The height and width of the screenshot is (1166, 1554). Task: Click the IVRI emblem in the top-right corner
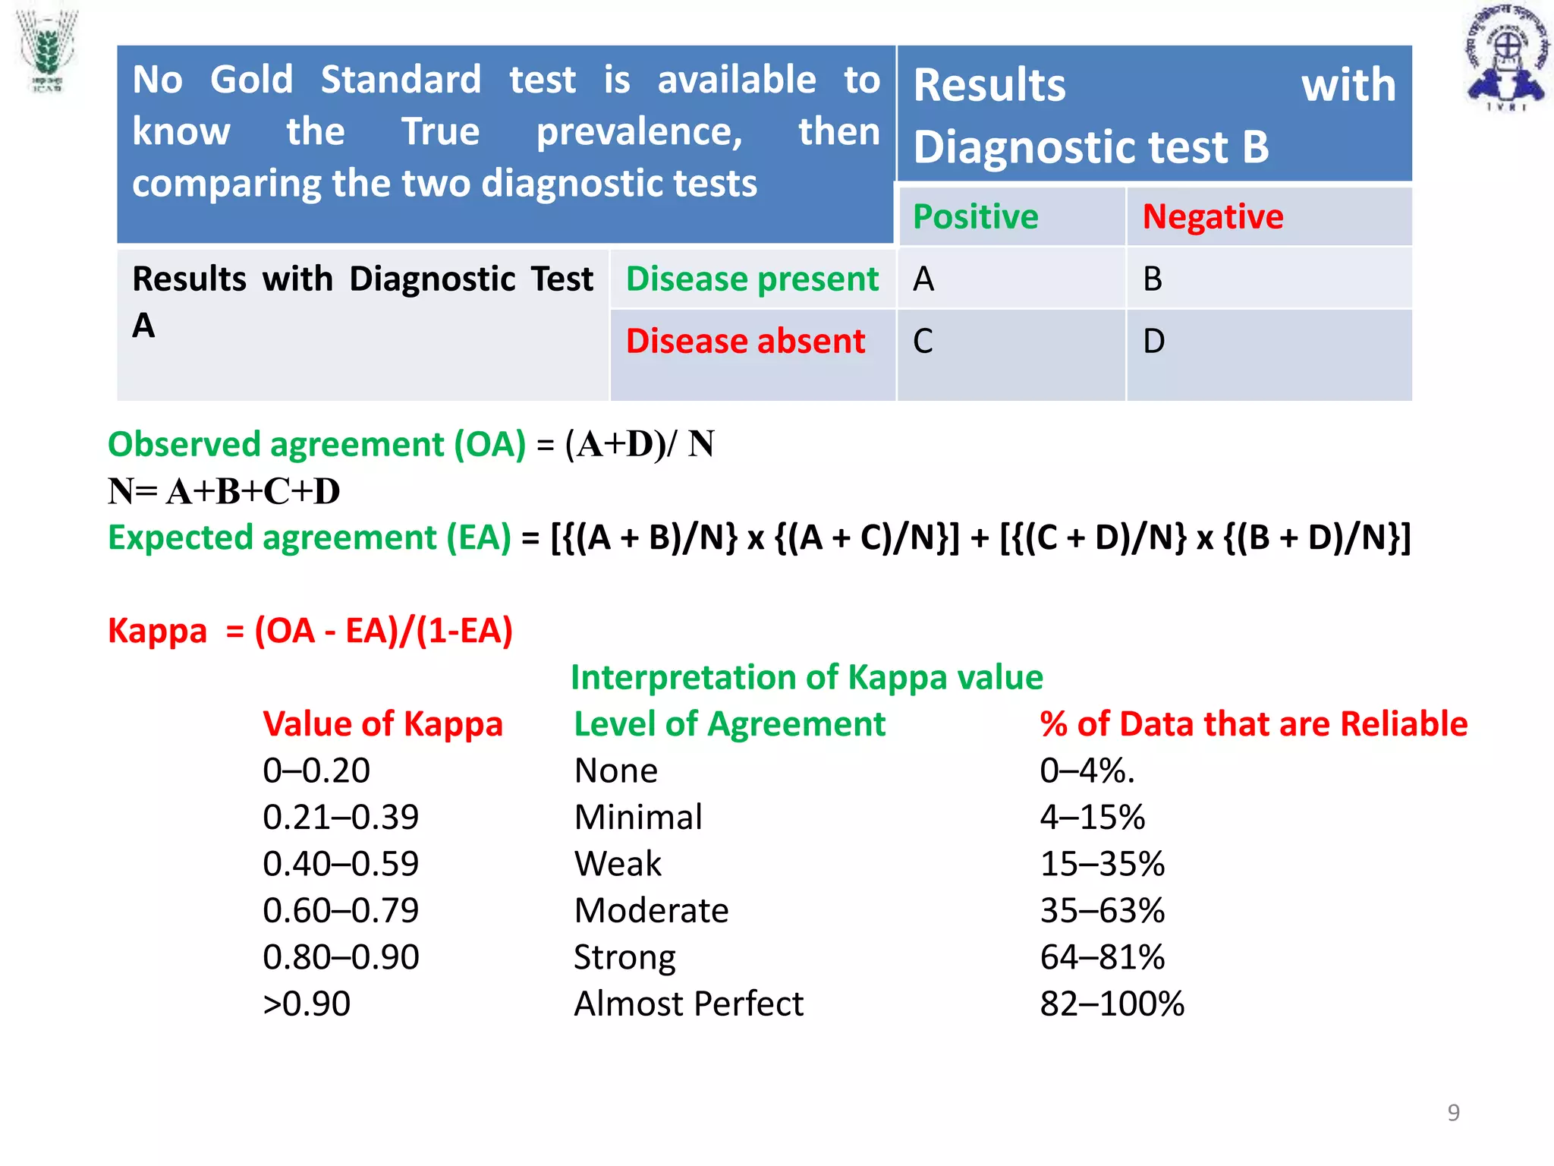1506,58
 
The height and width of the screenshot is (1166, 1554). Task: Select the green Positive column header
975,217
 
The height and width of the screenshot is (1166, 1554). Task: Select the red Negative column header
1213,217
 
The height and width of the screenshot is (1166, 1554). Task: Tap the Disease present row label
752,279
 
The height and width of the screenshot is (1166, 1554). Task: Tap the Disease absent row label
745,342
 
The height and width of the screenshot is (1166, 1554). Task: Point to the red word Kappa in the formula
157,631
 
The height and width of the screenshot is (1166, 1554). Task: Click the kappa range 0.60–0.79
341,910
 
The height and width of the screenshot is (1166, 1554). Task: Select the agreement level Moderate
651,910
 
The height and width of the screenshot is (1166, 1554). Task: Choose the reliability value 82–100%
1112,1004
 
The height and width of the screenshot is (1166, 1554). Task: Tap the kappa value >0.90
307,1004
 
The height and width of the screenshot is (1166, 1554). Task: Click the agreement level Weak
618,864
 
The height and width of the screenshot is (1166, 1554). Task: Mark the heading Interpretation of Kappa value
807,677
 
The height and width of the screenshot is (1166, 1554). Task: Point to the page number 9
1453,1112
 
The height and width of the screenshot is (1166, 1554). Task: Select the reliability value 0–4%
1087,771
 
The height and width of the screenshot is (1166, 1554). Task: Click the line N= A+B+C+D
224,491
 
